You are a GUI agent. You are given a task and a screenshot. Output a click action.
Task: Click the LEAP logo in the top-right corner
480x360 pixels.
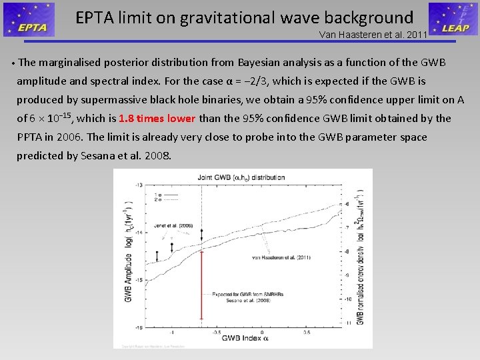[453, 19]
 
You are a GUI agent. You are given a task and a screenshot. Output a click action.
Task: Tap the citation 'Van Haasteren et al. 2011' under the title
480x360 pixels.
[373, 35]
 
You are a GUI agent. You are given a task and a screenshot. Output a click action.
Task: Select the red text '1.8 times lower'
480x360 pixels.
[157, 119]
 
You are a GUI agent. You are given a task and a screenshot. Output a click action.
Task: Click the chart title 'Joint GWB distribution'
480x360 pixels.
[241, 178]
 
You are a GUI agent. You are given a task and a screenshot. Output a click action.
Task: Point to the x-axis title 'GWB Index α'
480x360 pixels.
[246, 339]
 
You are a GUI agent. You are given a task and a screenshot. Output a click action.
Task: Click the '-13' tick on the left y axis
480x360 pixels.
[138, 185]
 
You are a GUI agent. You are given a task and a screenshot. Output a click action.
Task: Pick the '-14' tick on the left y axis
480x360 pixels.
[138, 232]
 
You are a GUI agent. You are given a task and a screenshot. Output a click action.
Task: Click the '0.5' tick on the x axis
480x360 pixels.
[306, 331]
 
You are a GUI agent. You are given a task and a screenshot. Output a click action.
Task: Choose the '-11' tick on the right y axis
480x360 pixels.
[347, 323]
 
